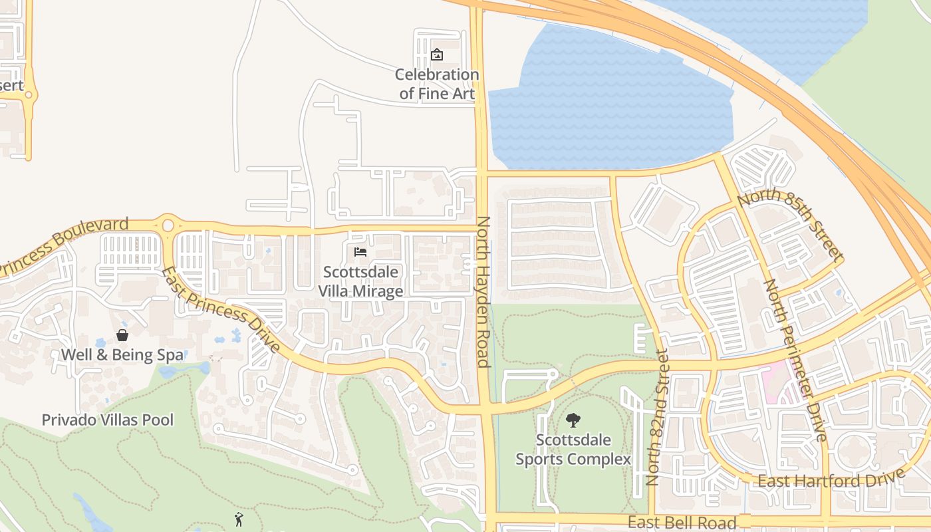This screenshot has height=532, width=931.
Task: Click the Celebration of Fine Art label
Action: pos(437,84)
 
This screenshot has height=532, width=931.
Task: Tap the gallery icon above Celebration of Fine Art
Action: pos(437,55)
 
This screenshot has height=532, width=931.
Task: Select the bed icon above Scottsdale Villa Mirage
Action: pos(360,252)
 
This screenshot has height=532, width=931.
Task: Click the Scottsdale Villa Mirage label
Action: pos(360,281)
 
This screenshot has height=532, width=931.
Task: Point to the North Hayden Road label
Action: pos(483,291)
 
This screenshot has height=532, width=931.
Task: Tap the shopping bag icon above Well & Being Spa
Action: pos(122,335)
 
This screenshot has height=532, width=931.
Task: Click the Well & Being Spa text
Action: pos(122,354)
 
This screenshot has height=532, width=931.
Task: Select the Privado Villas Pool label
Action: pos(108,420)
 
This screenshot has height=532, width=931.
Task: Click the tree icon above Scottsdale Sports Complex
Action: pos(573,420)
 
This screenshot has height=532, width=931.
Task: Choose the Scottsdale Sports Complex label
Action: pos(573,449)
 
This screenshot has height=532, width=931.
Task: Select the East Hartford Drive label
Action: pos(831,477)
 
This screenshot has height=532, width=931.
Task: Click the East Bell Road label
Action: pos(682,522)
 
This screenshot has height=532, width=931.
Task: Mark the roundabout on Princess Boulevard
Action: pos(168,226)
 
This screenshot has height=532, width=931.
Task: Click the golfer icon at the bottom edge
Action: pos(239,519)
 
